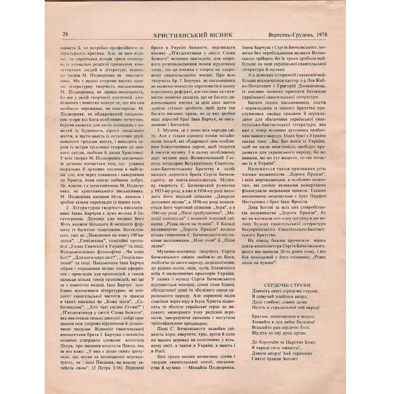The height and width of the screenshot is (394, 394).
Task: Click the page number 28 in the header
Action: pyautogui.click(x=65, y=34)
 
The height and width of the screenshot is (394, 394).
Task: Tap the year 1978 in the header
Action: pyautogui.click(x=321, y=35)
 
